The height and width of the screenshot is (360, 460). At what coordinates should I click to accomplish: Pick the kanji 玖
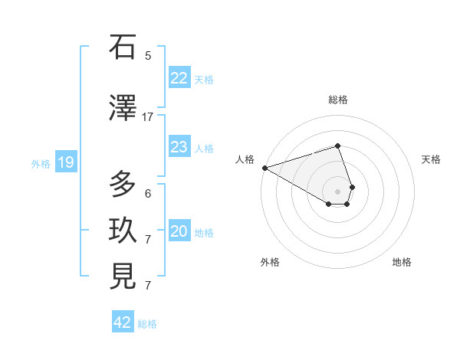click(x=123, y=231)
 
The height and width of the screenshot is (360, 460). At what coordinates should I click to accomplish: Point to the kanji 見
click(x=123, y=277)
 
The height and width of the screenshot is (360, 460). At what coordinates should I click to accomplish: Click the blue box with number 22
click(x=179, y=77)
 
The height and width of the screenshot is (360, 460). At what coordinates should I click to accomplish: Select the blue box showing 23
click(x=179, y=147)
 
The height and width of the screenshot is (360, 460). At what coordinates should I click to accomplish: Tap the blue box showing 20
click(x=179, y=231)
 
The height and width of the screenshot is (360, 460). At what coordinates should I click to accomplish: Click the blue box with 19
click(x=65, y=162)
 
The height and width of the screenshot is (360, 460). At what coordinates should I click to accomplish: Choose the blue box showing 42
click(x=123, y=322)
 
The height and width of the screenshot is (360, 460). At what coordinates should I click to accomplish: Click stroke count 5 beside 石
click(x=148, y=56)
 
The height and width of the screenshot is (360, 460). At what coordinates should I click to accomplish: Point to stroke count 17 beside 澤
click(x=148, y=117)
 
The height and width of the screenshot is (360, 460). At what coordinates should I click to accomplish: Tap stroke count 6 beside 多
click(x=148, y=194)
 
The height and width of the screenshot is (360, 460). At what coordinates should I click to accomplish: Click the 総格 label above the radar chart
click(x=337, y=100)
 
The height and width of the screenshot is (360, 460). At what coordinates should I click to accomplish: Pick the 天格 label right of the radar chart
click(x=431, y=159)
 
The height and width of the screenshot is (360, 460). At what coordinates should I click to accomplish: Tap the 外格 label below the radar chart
click(x=270, y=262)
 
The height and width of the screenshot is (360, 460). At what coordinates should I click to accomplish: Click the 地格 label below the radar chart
click(x=402, y=262)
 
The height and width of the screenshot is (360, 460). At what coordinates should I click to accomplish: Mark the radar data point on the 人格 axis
click(x=264, y=167)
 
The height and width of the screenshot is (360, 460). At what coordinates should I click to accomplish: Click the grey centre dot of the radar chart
click(x=337, y=191)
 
